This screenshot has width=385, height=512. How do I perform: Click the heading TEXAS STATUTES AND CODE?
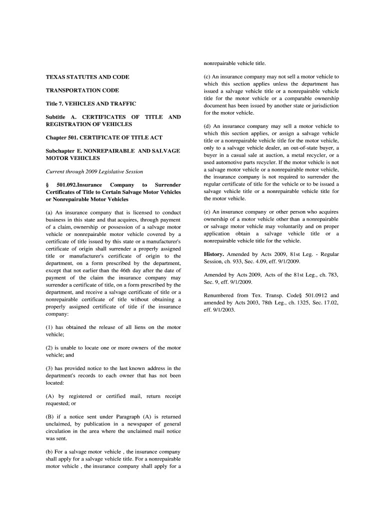point(87,77)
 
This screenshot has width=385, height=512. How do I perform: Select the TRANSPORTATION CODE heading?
point(82,90)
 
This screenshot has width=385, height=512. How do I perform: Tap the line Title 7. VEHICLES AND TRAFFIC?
point(91,104)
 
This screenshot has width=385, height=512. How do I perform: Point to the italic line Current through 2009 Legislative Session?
point(94,171)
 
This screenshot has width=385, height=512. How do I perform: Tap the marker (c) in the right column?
point(207,77)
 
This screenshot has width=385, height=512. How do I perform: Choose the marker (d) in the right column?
point(207,126)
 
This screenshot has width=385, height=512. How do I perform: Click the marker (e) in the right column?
point(207,212)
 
